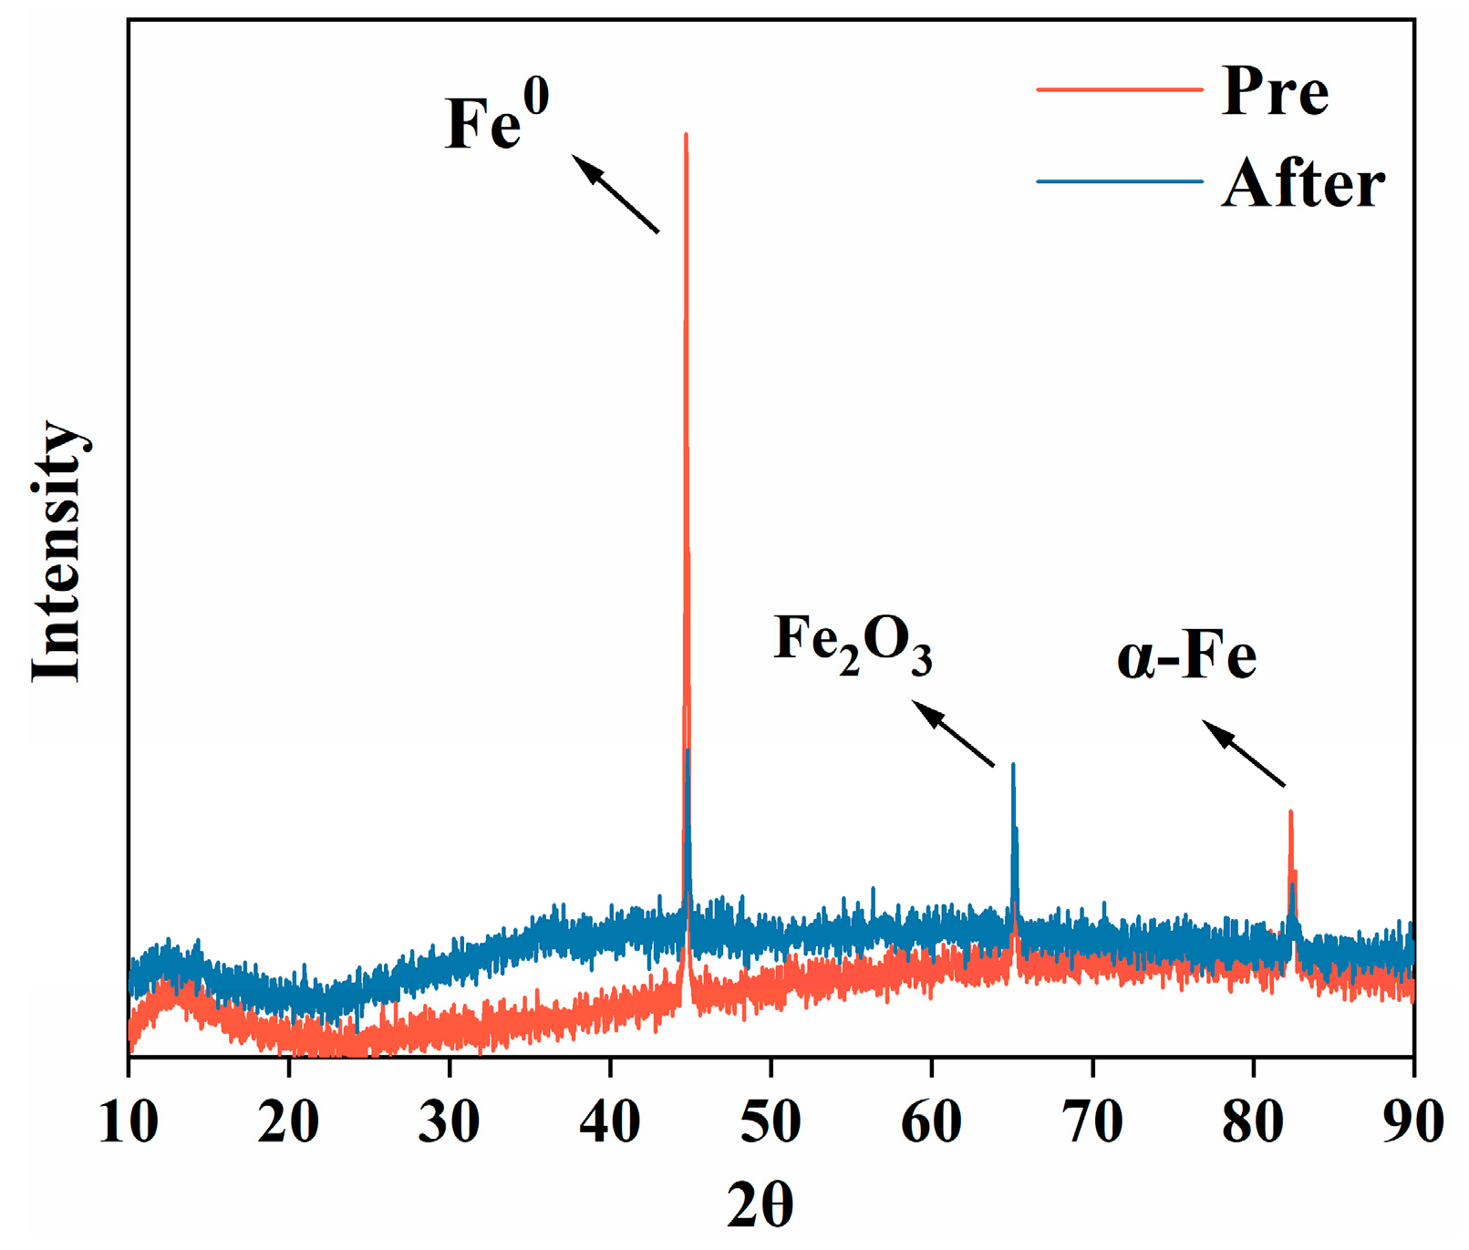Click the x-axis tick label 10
tap(128, 1122)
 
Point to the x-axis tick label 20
tap(288, 1122)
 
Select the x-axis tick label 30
tap(450, 1122)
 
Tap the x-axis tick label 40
tap(610, 1122)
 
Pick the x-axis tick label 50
tap(771, 1122)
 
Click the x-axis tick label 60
tap(931, 1122)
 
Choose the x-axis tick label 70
tap(1092, 1122)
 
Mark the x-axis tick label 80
tap(1253, 1122)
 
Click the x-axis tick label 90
tap(1412, 1122)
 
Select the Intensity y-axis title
tap(57, 552)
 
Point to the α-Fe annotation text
tap(1186, 656)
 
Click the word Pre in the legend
tap(1274, 91)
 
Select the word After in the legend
tap(1302, 183)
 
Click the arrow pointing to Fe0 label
tap(616, 193)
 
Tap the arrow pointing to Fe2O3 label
tap(953, 733)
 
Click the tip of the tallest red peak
tap(686, 135)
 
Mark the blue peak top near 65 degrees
tap(1013, 765)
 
